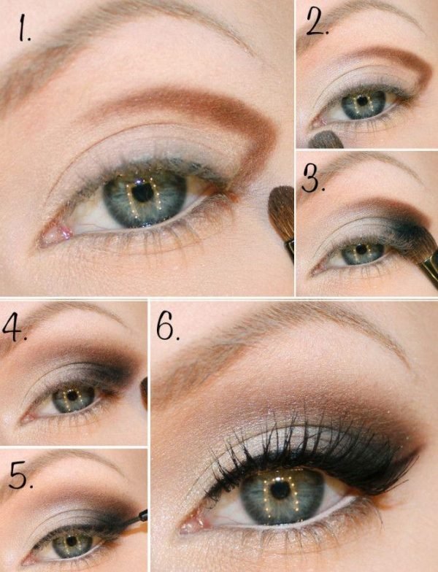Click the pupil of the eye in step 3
coord(358,251)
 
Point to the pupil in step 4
coord(71,397)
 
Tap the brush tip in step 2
coord(325,139)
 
